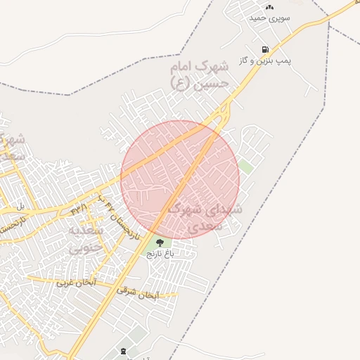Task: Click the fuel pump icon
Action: [265, 50]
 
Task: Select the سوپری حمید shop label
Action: [270, 18]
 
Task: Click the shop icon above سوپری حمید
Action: [269, 6]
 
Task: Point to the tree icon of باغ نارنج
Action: [159, 243]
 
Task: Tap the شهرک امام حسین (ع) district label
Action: [200, 75]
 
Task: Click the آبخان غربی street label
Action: [74, 283]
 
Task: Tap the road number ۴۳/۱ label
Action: [78, 208]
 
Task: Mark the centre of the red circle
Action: [180, 180]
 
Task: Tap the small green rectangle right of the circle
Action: [245, 167]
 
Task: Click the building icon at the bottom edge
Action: [124, 349]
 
